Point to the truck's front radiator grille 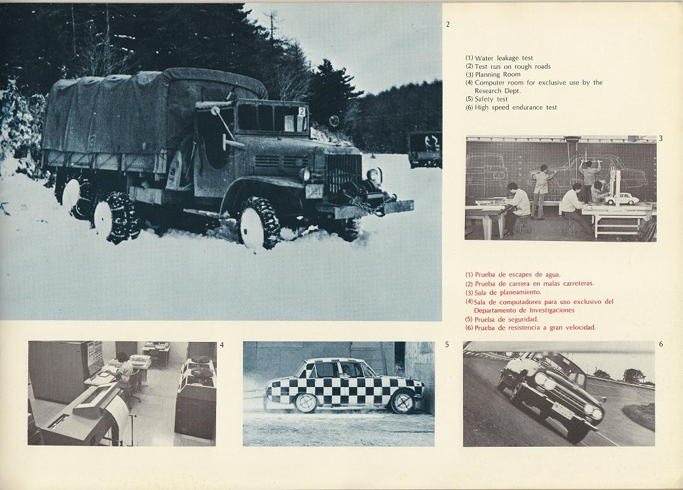coord(343,175)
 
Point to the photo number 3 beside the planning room coord(661,138)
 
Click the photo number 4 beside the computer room coord(222,345)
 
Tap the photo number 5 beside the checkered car coord(447,345)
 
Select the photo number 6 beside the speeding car coord(661,344)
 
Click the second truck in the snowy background coord(425,149)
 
